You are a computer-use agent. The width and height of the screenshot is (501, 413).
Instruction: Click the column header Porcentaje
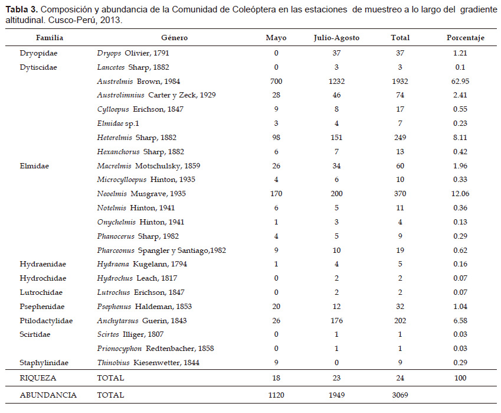tap(465, 38)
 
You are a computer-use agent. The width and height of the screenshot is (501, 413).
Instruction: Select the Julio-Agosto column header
tap(336, 38)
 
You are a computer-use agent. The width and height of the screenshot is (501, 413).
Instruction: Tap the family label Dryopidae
tap(38, 53)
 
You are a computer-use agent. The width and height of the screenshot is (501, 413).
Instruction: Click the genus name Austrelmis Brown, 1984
tap(138, 82)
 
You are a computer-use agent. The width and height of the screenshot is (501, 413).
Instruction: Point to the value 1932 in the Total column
tap(400, 82)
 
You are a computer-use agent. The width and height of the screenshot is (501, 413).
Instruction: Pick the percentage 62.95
tap(460, 82)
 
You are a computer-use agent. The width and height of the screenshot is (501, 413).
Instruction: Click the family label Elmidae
tap(34, 165)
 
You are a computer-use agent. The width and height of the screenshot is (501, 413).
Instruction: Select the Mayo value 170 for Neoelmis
tap(276, 194)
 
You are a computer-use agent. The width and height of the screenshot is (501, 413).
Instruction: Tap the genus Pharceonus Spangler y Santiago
tap(161, 250)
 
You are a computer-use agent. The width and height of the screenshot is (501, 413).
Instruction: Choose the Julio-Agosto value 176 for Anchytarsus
tap(336, 321)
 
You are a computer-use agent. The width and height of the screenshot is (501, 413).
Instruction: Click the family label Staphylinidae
tap(44, 363)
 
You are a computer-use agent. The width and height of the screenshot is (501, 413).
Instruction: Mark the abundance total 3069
tap(400, 395)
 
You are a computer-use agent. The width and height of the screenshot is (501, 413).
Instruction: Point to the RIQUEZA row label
tap(38, 378)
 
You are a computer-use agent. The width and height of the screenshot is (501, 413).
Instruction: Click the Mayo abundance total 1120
tap(276, 395)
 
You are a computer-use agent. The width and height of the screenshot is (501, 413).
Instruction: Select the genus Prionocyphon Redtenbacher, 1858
tap(155, 349)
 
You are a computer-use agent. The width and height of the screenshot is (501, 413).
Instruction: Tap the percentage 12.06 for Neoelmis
tap(460, 194)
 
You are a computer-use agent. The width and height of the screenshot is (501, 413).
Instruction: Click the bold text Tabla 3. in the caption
tap(22, 9)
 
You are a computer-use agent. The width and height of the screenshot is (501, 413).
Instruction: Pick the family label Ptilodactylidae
tap(46, 321)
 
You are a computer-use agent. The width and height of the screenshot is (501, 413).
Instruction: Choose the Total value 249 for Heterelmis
tap(400, 138)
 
